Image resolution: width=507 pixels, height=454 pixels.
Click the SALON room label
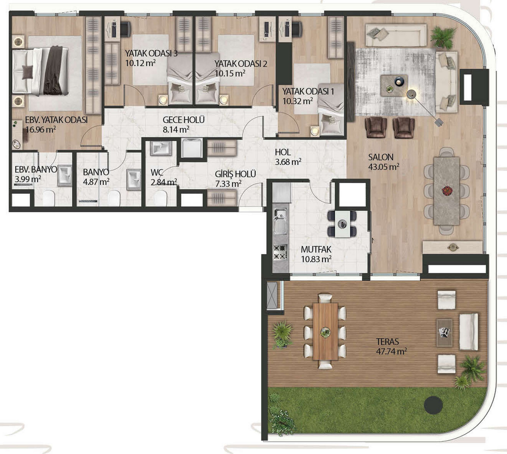381,157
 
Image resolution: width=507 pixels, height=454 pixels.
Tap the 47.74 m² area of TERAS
392,351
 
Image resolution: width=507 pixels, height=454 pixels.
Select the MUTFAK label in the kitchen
316,249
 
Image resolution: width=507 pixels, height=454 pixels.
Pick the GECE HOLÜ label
184,120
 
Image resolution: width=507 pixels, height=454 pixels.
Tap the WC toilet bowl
161,198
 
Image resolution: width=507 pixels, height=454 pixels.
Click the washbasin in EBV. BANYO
65,175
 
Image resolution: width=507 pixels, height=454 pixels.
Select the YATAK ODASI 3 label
151,53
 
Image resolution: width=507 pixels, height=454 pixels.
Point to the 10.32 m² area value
298,101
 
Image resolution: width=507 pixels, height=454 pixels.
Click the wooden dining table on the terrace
325,332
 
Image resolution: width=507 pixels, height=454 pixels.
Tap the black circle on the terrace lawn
433,404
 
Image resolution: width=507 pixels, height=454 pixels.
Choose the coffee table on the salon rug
394,85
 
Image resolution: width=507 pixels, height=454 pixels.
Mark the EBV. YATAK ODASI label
56,120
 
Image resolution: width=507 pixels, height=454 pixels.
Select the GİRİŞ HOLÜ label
235,174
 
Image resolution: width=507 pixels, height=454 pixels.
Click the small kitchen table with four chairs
342,224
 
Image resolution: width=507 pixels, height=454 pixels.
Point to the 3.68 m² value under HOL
288,162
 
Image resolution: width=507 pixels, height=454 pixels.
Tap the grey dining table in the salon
447,191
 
